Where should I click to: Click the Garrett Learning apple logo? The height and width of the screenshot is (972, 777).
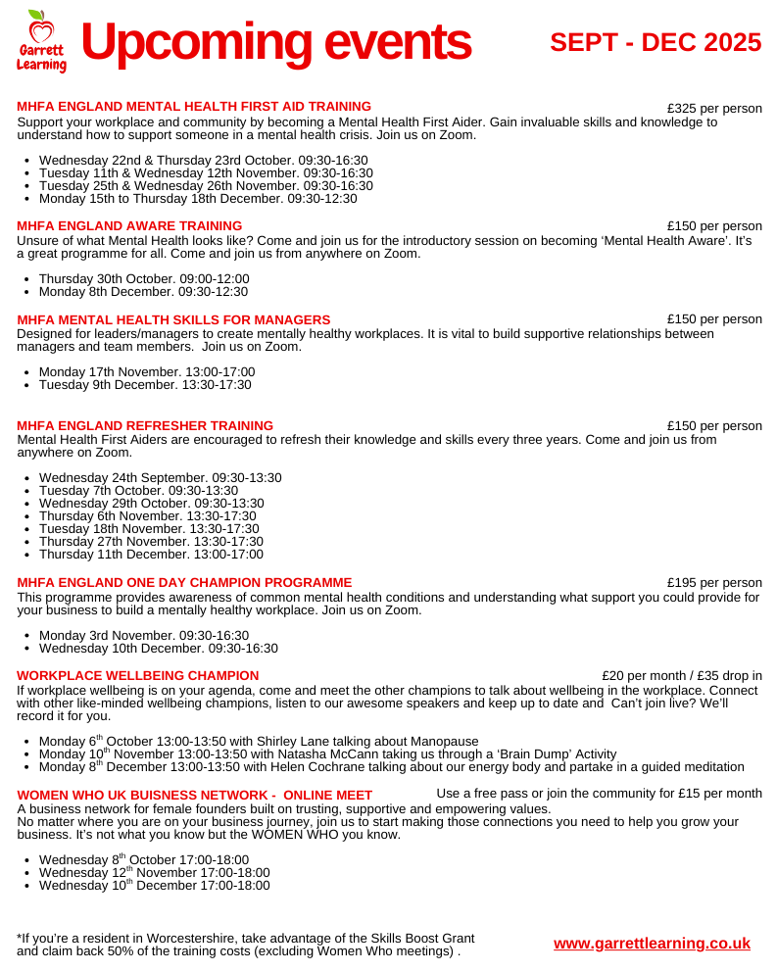41,41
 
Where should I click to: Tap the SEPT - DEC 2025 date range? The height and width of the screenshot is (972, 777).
656,42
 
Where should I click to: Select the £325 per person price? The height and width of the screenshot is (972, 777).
714,108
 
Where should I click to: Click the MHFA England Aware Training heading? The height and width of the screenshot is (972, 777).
129,225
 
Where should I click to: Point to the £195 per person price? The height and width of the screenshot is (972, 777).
714,583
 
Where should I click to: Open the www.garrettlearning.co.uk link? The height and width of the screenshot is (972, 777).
652,944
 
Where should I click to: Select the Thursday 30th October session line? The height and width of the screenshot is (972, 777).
144,278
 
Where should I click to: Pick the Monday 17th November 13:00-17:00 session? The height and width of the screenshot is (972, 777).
147,372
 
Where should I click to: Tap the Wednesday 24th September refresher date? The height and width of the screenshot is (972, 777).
160,478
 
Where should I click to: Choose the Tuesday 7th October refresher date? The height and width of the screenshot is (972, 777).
138,490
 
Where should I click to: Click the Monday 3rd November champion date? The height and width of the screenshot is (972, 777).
144,635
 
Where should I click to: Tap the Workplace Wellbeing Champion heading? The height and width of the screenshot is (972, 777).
138,675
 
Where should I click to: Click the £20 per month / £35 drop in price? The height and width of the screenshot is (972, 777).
682,675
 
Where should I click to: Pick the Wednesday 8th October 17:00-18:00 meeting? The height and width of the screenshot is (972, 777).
144,860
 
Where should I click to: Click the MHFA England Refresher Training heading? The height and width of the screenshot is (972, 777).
145,425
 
